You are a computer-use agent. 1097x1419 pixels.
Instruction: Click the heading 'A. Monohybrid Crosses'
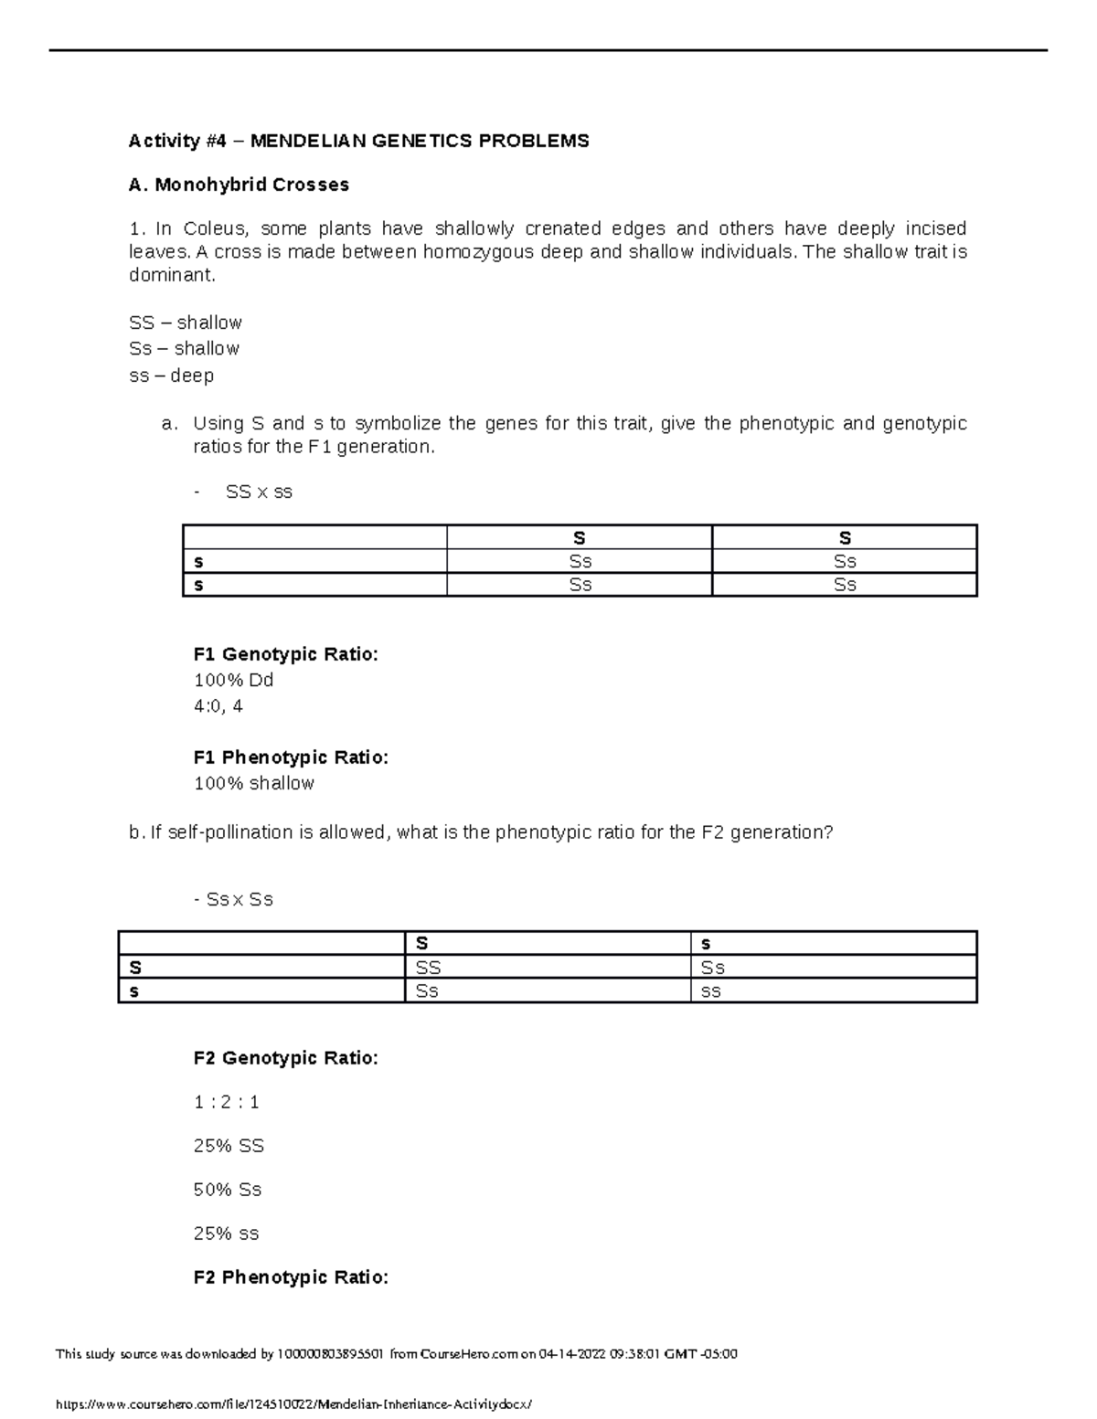239,185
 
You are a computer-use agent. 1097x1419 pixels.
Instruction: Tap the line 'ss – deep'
171,376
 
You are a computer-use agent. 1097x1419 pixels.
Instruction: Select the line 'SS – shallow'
186,323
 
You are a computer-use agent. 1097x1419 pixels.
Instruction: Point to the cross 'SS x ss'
259,492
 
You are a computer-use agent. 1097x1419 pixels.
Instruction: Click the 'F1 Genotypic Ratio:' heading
285,654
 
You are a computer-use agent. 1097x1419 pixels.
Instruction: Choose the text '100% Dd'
233,681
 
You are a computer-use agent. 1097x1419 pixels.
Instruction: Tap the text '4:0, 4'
218,706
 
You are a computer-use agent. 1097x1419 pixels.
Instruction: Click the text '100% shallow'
253,783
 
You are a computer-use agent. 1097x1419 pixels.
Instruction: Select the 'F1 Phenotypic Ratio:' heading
291,757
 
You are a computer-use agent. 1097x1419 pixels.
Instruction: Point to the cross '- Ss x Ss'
234,899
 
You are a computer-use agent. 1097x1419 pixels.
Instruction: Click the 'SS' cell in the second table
428,968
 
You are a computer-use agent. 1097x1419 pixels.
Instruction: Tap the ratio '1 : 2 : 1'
226,1102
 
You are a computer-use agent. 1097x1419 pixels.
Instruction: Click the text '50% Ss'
227,1190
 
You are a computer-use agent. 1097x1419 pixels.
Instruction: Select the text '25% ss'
226,1234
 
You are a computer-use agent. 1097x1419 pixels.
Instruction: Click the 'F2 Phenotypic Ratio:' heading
291,1277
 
